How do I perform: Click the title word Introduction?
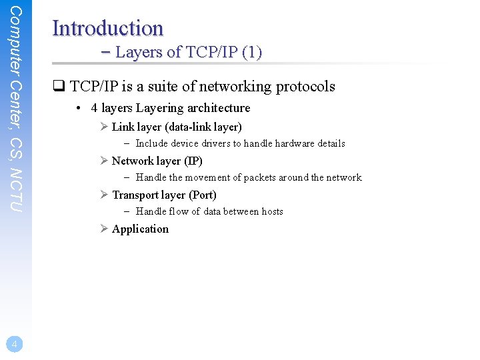coord(107,28)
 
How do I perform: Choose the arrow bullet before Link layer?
coord(104,127)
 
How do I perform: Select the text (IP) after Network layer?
coord(193,161)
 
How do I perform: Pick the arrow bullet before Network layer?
coord(104,161)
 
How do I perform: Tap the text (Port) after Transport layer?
coord(203,195)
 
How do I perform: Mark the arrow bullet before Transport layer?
coord(104,195)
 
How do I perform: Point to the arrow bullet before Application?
coord(104,229)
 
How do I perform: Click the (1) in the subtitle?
coord(252,52)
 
